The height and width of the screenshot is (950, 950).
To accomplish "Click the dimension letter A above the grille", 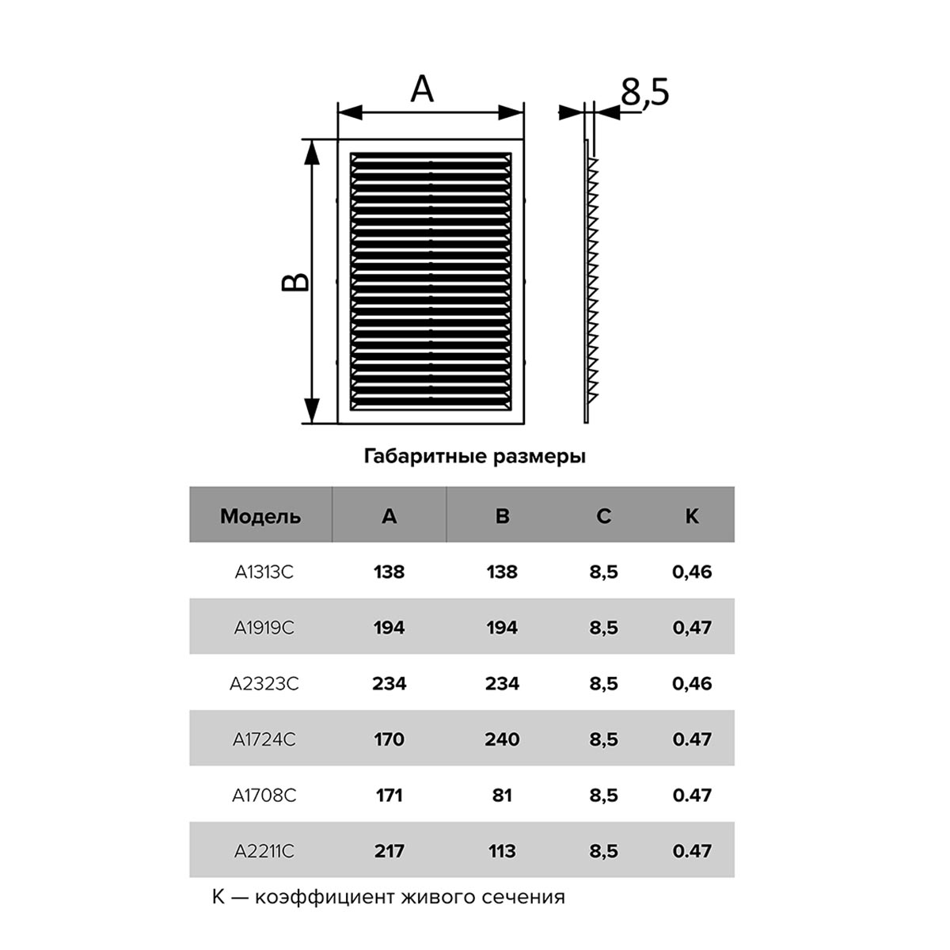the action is (421, 89).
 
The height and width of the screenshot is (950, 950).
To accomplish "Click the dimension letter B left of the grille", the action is (295, 282).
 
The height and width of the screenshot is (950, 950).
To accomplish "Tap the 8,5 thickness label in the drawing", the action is (644, 92).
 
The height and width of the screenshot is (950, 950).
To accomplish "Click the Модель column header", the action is (260, 516).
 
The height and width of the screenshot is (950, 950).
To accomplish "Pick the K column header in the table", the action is (692, 516).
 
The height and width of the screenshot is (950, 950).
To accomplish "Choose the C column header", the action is (603, 516).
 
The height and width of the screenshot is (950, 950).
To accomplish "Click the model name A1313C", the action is (264, 572).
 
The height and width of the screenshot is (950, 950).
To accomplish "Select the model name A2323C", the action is (264, 684).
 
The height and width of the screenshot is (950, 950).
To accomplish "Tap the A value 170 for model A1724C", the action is (389, 739).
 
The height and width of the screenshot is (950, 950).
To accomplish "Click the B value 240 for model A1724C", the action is (502, 739).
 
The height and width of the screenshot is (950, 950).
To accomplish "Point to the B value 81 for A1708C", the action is (502, 795).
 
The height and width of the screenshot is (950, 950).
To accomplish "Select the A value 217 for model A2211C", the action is (389, 851).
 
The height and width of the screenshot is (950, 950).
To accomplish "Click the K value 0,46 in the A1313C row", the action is (692, 572).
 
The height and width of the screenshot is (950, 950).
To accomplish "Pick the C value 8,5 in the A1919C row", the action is (603, 628).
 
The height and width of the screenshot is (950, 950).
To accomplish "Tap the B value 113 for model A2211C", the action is (502, 851).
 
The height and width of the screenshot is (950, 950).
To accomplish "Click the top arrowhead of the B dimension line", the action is (311, 152).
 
